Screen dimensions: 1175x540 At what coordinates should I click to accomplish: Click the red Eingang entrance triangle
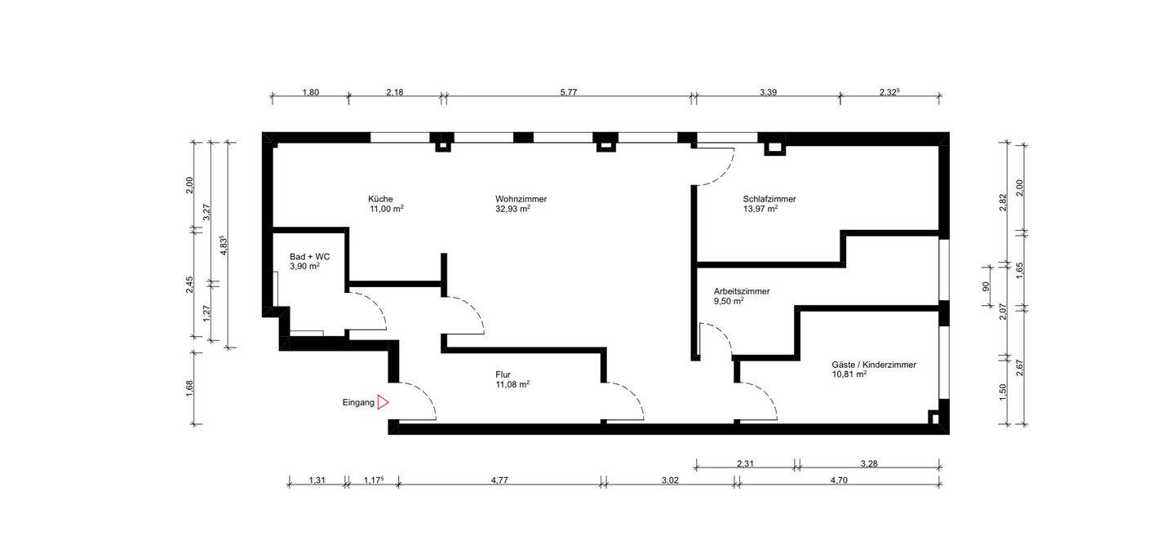(383, 403)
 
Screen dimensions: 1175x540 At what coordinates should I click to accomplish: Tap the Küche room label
(380, 199)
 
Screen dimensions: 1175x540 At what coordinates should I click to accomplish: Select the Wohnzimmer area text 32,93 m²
(512, 209)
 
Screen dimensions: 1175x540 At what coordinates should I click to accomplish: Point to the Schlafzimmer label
(769, 199)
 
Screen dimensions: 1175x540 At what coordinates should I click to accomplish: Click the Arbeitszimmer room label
(742, 291)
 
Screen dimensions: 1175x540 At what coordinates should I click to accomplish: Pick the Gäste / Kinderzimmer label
(874, 365)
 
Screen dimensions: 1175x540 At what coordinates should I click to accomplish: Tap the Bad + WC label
(310, 257)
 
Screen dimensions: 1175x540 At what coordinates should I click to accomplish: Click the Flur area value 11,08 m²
(512, 384)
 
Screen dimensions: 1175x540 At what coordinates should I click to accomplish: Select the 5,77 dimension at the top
(569, 92)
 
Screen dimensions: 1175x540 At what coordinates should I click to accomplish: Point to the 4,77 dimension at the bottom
(499, 480)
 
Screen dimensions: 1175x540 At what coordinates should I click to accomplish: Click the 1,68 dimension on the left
(190, 387)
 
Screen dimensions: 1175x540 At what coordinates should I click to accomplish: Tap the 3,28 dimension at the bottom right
(869, 463)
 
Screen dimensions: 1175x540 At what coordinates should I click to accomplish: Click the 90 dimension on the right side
(986, 287)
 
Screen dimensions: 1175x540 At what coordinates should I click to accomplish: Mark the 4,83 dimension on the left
(224, 246)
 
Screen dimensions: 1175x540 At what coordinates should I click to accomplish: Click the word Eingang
(358, 403)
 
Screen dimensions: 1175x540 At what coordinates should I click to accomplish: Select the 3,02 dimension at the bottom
(670, 480)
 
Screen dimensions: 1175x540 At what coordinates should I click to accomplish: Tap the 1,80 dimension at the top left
(311, 92)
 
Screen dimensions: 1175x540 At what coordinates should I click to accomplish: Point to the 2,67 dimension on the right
(1020, 368)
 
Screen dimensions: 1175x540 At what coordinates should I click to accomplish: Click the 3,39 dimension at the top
(768, 92)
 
